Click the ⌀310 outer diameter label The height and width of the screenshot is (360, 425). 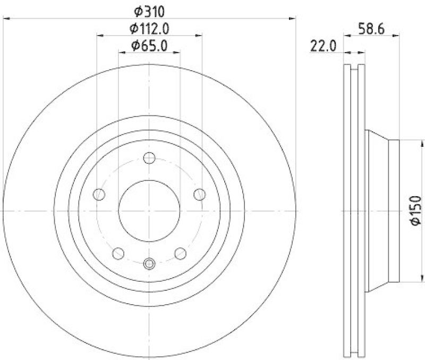pos(149,10)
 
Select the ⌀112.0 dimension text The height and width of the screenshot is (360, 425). pos(149,28)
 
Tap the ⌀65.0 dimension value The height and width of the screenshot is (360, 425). pos(149,46)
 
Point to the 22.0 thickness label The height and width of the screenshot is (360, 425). pos(324,46)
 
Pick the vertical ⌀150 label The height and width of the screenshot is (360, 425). pos(415,211)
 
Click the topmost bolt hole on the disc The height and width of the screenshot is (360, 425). pos(149,158)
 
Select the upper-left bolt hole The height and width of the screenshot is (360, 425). pos(99,195)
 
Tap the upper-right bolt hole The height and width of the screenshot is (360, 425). pos(199,195)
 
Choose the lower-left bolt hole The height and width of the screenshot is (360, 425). pos(118,253)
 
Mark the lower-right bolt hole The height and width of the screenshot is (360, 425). pos(180,253)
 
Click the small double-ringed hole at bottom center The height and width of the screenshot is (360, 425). pos(149,263)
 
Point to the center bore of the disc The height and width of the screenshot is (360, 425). pos(149,211)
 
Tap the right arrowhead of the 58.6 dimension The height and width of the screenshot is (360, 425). pos(396,36)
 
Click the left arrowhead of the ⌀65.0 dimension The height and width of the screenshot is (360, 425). pos(121,53)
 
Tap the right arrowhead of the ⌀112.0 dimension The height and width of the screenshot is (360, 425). pos(199,36)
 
